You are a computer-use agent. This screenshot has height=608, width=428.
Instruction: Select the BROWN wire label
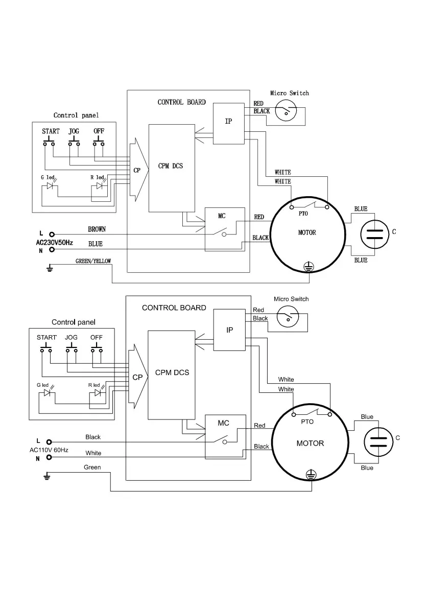pyautogui.click(x=97, y=229)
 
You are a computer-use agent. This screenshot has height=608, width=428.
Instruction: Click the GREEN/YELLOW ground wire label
pyautogui.click(x=93, y=261)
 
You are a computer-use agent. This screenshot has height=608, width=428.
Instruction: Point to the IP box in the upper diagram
pyautogui.click(x=229, y=123)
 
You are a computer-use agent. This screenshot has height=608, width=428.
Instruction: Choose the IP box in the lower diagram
pyautogui.click(x=229, y=330)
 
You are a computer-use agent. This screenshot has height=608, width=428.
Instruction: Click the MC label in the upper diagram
pyautogui.click(x=222, y=216)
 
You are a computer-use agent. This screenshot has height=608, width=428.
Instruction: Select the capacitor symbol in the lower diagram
pyautogui.click(x=377, y=442)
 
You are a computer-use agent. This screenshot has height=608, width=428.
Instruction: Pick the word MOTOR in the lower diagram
pyautogui.click(x=310, y=443)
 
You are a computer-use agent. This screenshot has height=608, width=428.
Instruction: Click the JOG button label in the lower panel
pyautogui.click(x=72, y=338)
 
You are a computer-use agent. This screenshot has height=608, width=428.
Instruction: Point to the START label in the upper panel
pyautogui.click(x=51, y=131)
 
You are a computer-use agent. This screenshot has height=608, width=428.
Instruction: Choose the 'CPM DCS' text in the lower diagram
pyautogui.click(x=172, y=372)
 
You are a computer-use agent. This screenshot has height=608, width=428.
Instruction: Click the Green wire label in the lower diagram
pyautogui.click(x=92, y=467)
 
